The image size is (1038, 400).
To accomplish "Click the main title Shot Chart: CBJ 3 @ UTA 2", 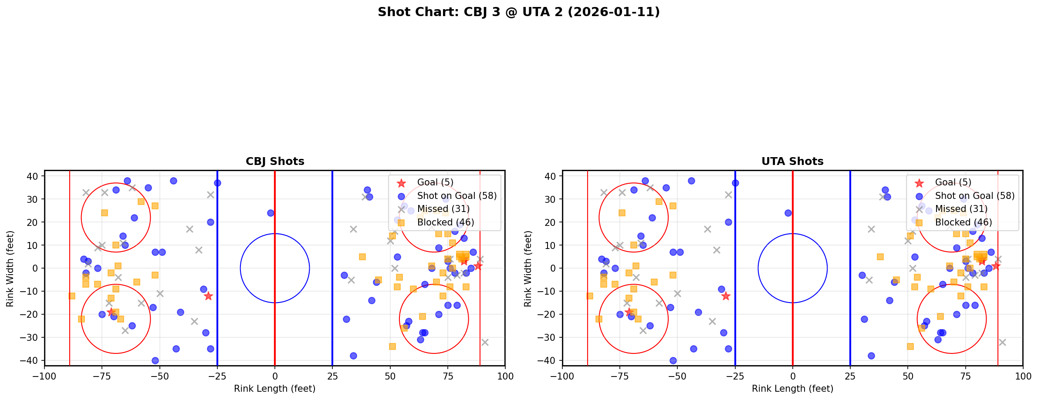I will [518, 12].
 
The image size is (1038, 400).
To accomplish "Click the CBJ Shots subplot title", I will [275, 161].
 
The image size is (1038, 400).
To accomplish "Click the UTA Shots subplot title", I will [792, 161].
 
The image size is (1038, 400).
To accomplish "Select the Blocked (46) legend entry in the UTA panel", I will [963, 222].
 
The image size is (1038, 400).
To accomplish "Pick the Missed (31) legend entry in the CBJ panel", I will [443, 209].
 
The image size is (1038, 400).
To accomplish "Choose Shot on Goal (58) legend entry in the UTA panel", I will [974, 196].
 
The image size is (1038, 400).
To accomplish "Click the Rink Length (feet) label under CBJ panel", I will [275, 389].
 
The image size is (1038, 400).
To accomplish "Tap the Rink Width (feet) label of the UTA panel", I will [528, 269].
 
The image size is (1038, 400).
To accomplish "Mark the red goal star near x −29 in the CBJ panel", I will [208, 296].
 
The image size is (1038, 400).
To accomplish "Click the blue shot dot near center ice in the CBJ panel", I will [270, 213].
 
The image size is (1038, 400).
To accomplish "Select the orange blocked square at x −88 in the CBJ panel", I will [72, 296].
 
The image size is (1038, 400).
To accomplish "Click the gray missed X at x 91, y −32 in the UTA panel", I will [1002, 342].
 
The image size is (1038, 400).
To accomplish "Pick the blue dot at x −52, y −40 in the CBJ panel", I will [155, 360].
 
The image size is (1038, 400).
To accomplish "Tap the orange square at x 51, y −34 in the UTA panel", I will [910, 346].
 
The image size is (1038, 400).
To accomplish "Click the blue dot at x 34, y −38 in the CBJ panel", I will [353, 356].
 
